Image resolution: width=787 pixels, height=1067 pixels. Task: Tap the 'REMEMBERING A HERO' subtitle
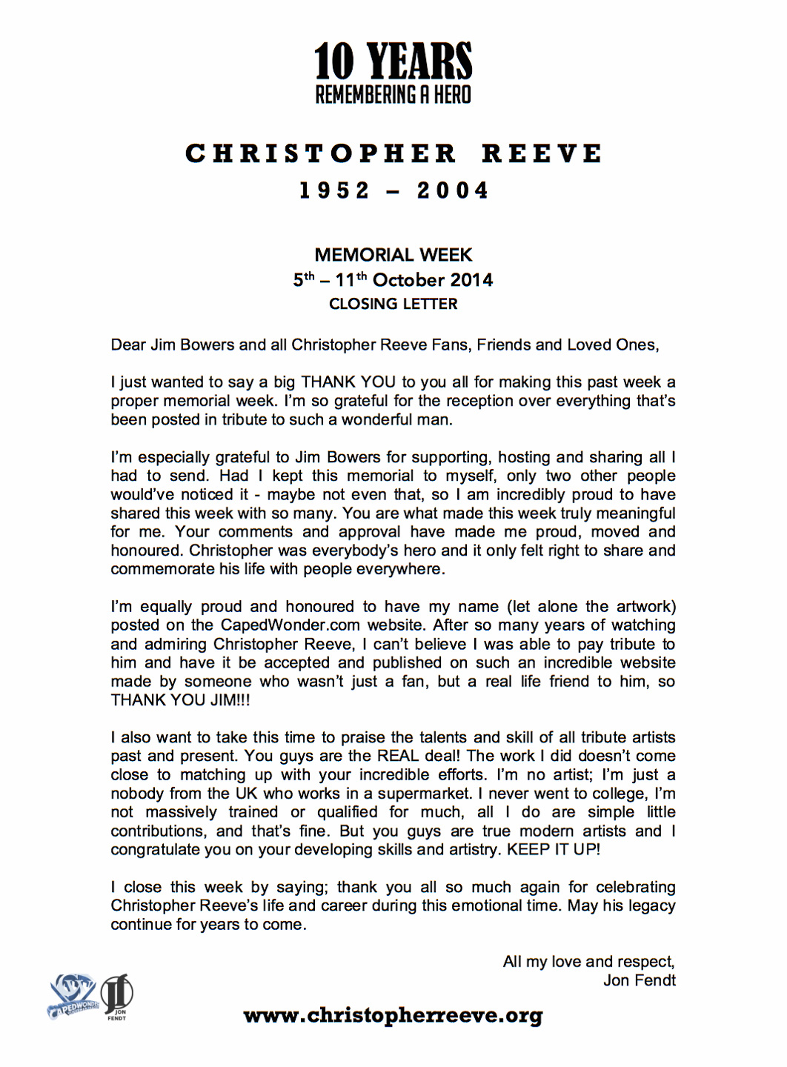(x=393, y=95)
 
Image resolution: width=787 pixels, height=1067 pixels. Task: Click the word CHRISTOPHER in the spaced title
(x=321, y=153)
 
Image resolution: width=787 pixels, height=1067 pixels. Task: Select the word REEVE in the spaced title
(x=542, y=153)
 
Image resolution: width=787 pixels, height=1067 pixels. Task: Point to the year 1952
(x=334, y=190)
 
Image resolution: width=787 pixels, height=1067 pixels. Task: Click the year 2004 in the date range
(x=453, y=190)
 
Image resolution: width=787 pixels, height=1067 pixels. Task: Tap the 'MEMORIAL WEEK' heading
(x=393, y=255)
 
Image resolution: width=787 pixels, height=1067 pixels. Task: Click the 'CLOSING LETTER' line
(x=393, y=304)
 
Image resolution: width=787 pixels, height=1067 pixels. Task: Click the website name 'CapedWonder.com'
(x=290, y=625)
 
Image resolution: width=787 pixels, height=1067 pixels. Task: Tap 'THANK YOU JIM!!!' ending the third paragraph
(x=180, y=700)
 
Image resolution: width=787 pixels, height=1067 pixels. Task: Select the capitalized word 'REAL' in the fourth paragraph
(x=399, y=757)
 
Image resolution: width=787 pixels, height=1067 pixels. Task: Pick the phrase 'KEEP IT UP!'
(x=554, y=850)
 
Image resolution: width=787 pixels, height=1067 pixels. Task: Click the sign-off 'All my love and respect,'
(x=589, y=962)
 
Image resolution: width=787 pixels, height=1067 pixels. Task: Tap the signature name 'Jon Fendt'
(x=639, y=980)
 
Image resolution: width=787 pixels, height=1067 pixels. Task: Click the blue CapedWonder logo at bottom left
(x=73, y=997)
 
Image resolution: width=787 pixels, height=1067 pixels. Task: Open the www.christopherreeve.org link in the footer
(x=393, y=1015)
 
